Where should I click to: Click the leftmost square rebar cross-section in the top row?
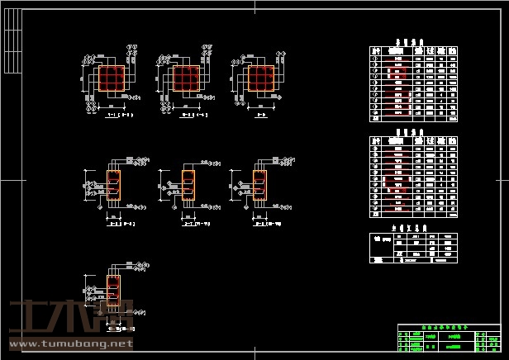[x=112, y=78]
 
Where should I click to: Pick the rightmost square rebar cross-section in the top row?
[x=261, y=78]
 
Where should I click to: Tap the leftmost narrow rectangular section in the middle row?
[x=114, y=186]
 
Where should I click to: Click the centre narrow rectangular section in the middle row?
[x=188, y=186]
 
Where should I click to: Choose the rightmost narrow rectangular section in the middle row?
[x=260, y=186]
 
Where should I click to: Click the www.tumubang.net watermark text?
[x=69, y=343]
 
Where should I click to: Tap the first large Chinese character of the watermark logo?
[x=26, y=318]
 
